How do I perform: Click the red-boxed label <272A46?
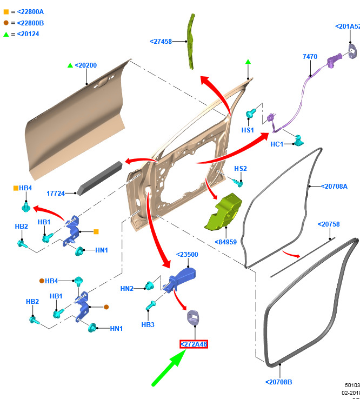coord(194,344)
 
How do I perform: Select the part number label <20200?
coord(85,65)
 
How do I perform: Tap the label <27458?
coord(161,41)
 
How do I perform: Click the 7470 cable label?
coord(310,57)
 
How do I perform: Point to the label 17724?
coord(56,193)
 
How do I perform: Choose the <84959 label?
coord(226,242)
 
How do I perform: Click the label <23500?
coord(187,255)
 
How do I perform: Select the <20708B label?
coord(278,382)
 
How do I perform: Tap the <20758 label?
coord(328,224)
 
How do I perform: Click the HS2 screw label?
coord(241,169)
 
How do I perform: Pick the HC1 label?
coord(277,144)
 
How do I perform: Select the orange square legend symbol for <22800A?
coord(6,11)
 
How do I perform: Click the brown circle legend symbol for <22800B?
coord(6,23)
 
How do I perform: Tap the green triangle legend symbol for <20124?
coord(6,34)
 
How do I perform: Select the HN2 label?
coord(127,289)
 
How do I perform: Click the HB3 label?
coord(148,324)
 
